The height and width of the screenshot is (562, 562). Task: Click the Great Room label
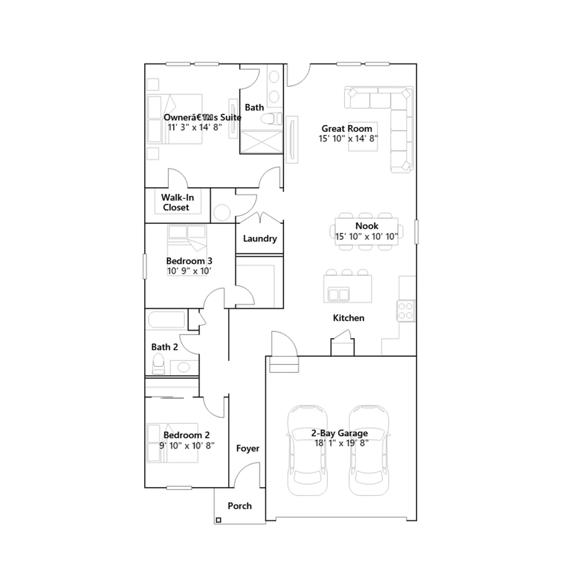coord(347,129)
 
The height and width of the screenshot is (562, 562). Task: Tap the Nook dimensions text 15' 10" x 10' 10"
coord(366,236)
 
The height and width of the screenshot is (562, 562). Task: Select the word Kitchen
coord(348,318)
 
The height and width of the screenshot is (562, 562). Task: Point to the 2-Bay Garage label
coord(340,433)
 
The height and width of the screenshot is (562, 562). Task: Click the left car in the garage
coord(307,450)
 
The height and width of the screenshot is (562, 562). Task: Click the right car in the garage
coord(369,450)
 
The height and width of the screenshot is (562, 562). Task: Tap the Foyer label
coord(248,449)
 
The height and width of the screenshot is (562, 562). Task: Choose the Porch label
coord(240,506)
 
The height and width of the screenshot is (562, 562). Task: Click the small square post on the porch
coord(218,520)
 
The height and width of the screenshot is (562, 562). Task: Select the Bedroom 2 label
coord(187,435)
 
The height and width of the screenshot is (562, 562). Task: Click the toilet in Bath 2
coord(158,364)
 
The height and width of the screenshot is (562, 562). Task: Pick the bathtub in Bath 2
coord(166,320)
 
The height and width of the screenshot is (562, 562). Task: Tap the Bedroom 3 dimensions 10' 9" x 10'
coord(189,271)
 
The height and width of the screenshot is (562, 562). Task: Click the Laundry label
coord(260,238)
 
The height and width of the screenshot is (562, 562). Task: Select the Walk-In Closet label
coord(177,202)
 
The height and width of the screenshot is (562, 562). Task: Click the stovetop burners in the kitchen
coord(406,311)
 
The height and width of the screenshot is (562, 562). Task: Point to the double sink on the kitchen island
coord(339,294)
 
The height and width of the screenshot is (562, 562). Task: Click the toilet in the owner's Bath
coord(271,119)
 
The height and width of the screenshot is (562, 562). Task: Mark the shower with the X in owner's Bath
coord(261,142)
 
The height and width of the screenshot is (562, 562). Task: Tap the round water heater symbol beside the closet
coord(222,212)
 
